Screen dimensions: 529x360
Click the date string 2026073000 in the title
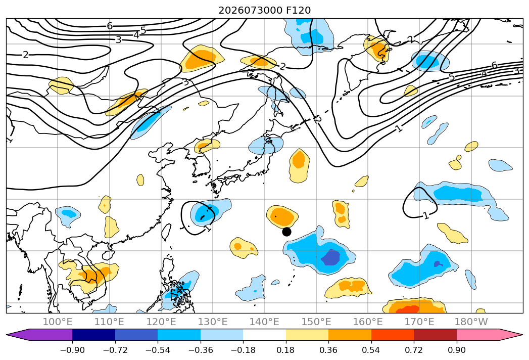click(250, 11)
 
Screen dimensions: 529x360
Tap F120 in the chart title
click(298, 11)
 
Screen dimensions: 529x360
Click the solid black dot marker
click(286, 232)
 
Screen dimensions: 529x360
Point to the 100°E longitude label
click(58, 322)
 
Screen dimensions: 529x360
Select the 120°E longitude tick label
click(161, 322)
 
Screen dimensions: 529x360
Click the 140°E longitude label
click(264, 322)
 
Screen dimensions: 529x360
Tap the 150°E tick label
click(316, 322)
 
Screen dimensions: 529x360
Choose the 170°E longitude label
click(419, 322)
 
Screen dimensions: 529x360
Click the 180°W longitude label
click(471, 322)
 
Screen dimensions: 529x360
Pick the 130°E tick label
click(213, 322)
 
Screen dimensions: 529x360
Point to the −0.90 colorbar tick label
click(72, 350)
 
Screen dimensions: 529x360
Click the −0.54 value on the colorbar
click(158, 350)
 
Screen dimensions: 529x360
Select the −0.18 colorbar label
click(243, 350)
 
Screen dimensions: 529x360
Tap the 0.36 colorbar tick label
click(328, 350)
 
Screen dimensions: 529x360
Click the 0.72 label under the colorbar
click(414, 350)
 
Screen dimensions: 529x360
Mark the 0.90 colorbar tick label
click(456, 350)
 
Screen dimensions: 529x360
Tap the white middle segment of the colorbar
click(265, 335)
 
